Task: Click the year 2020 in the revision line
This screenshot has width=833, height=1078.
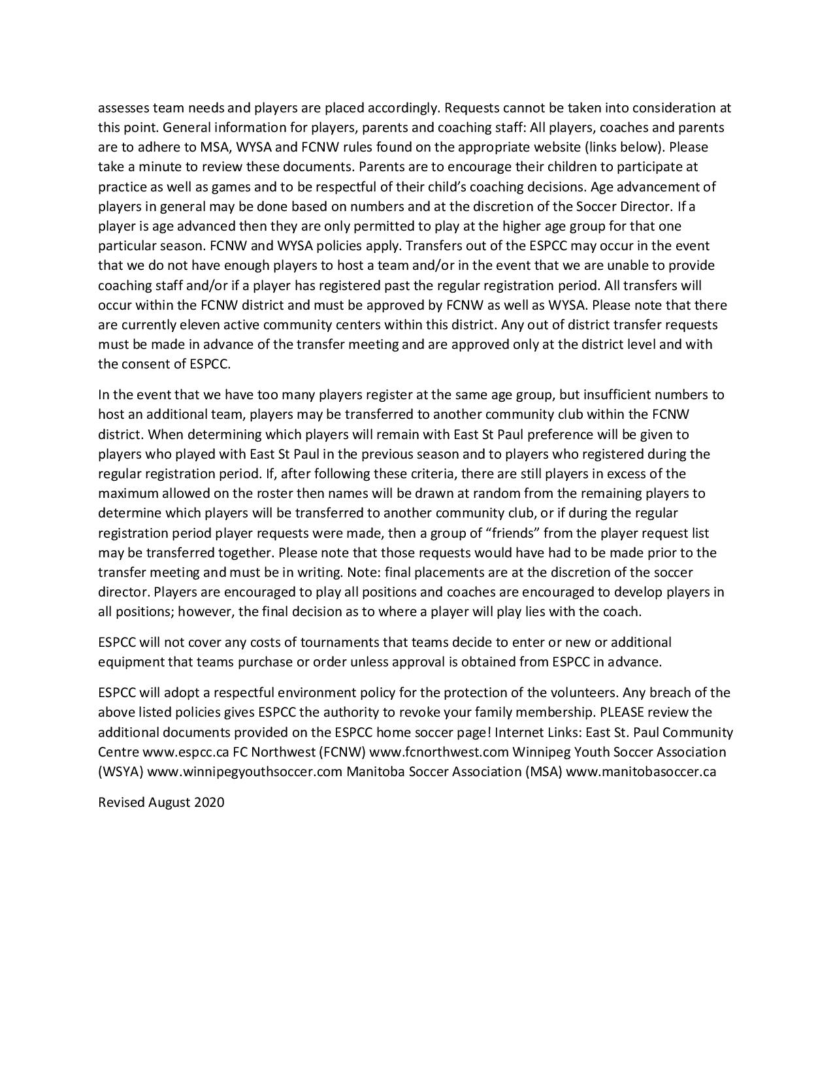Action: point(209,802)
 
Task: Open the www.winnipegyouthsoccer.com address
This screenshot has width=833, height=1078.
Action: point(245,772)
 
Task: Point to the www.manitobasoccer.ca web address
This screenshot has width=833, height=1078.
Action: point(641,772)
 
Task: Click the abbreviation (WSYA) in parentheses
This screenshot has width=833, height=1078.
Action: point(121,772)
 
